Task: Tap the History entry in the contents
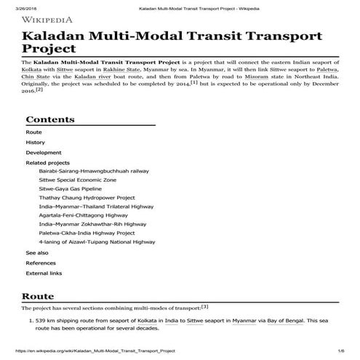(x=36, y=143)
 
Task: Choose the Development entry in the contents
(x=44, y=153)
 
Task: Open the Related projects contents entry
(x=48, y=163)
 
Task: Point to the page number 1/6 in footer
(x=339, y=351)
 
